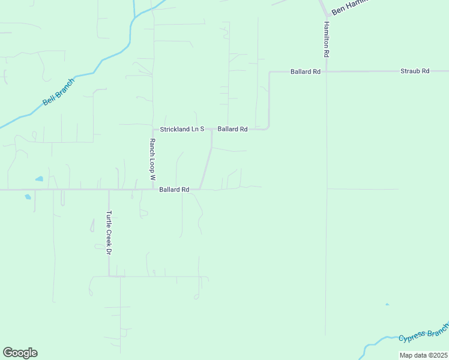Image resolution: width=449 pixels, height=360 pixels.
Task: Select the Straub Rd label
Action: coord(415,71)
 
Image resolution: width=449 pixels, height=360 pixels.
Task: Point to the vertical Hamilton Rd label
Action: coord(326,40)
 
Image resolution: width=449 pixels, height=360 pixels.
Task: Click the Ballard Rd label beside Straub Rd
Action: coord(305,71)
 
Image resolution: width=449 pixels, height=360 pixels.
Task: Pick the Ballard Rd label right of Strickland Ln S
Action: coord(232,129)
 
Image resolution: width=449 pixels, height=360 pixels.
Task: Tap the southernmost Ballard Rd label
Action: coord(174,190)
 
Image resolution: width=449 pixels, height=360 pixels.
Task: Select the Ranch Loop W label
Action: coord(152,160)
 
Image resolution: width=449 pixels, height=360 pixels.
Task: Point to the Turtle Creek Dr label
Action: coord(109,233)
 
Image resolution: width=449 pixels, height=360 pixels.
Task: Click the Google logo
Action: coord(20,353)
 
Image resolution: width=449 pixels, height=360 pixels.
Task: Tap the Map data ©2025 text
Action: coord(423,355)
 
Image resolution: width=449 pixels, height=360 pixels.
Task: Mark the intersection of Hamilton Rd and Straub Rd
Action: coord(327,71)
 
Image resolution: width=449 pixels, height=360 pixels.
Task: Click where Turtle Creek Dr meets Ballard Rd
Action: coord(109,190)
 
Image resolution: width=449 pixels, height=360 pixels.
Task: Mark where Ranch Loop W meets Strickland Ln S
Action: coord(153,129)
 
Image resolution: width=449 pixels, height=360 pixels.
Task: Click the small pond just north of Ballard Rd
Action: coord(40,179)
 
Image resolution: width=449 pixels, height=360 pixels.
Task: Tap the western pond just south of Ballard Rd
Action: coord(28,197)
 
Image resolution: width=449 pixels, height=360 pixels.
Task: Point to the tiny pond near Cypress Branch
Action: coord(387,305)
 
